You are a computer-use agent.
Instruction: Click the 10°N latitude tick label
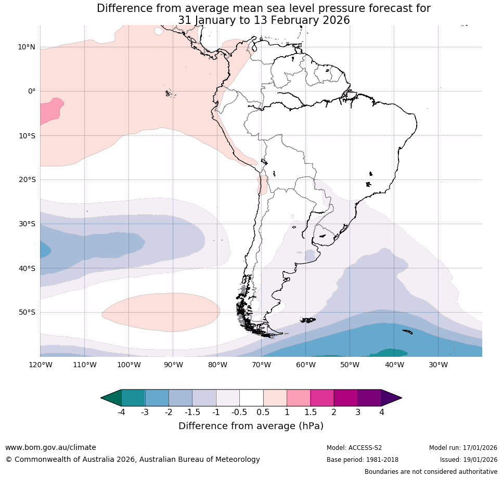pyautogui.click(x=27, y=47)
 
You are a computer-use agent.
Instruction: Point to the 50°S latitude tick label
pyautogui.click(x=27, y=313)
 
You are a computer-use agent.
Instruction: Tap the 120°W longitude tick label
pyautogui.click(x=40, y=365)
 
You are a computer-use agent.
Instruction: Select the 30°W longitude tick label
pyautogui.click(x=438, y=365)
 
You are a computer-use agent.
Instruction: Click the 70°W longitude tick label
pyautogui.click(x=261, y=365)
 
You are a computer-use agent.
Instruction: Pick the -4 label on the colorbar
pyautogui.click(x=121, y=412)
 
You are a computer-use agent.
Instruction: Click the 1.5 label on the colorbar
pyautogui.click(x=311, y=412)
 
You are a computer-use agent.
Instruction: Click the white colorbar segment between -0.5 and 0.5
pyautogui.click(x=251, y=398)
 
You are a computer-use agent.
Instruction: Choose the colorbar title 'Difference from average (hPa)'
pyautogui.click(x=251, y=426)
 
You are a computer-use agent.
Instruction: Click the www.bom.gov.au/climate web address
pyautogui.click(x=50, y=448)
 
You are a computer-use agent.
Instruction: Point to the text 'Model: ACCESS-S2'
pyautogui.click(x=354, y=448)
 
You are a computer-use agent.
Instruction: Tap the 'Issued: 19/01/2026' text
pyautogui.click(x=468, y=460)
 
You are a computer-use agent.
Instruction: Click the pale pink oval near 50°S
pyautogui.click(x=161, y=312)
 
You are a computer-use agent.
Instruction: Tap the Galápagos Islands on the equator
pyautogui.click(x=169, y=94)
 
